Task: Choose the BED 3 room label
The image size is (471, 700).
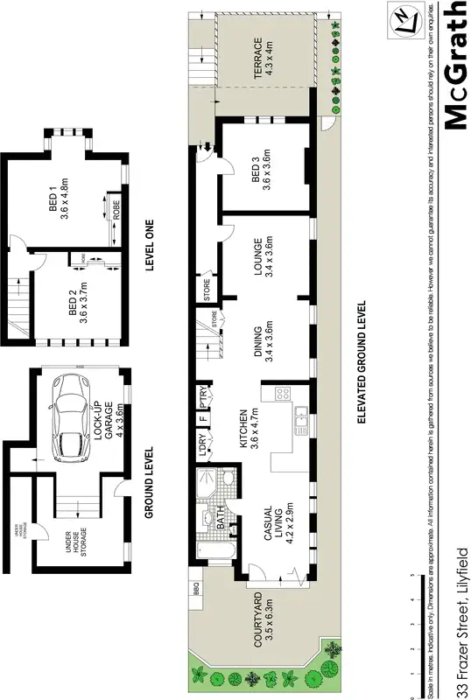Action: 262,169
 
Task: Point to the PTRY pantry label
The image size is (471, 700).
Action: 202,397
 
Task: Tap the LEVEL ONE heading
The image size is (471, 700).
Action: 149,247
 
